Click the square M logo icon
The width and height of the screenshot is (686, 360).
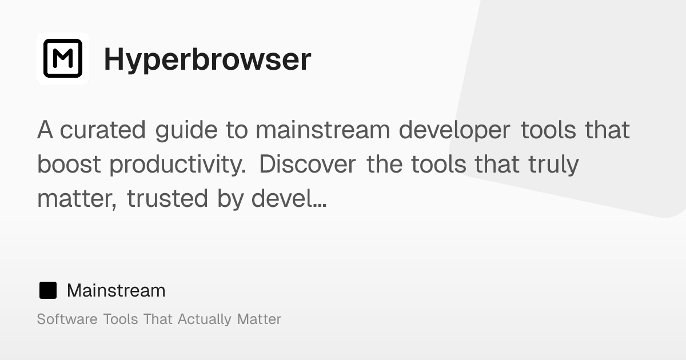(63, 58)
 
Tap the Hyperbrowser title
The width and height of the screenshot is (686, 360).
(207, 59)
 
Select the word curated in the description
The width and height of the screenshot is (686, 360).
(103, 130)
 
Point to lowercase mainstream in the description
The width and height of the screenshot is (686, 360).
(322, 130)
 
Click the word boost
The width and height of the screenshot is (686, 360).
(69, 165)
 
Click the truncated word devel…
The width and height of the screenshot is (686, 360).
(289, 199)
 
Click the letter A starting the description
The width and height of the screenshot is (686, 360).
(45, 130)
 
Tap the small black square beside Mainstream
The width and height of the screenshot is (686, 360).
(48, 290)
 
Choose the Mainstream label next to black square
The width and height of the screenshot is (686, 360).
(116, 290)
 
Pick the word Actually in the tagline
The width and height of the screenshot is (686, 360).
(205, 319)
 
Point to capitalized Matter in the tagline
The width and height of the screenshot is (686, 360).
(259, 319)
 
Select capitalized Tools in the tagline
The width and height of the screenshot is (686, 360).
(121, 319)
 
